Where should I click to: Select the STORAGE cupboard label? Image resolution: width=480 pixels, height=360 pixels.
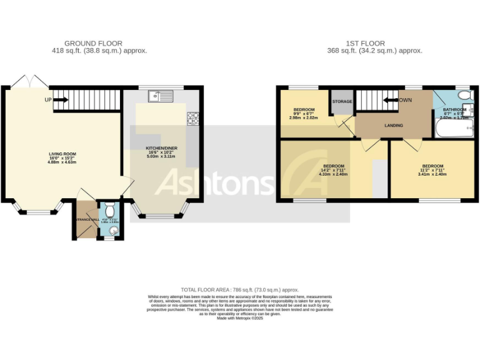pyautogui.click(x=342, y=101)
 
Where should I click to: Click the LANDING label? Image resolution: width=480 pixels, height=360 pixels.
pyautogui.click(x=393, y=126)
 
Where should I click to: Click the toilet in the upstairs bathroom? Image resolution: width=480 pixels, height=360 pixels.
pyautogui.click(x=463, y=96)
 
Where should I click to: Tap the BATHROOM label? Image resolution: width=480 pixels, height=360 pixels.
pyautogui.click(x=454, y=109)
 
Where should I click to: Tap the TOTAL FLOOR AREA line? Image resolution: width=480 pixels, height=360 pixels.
pyautogui.click(x=239, y=289)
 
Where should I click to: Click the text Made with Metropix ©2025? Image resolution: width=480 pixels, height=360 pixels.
pyautogui.click(x=240, y=317)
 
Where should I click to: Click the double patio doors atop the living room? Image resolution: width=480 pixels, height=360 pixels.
pyautogui.click(x=29, y=82)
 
